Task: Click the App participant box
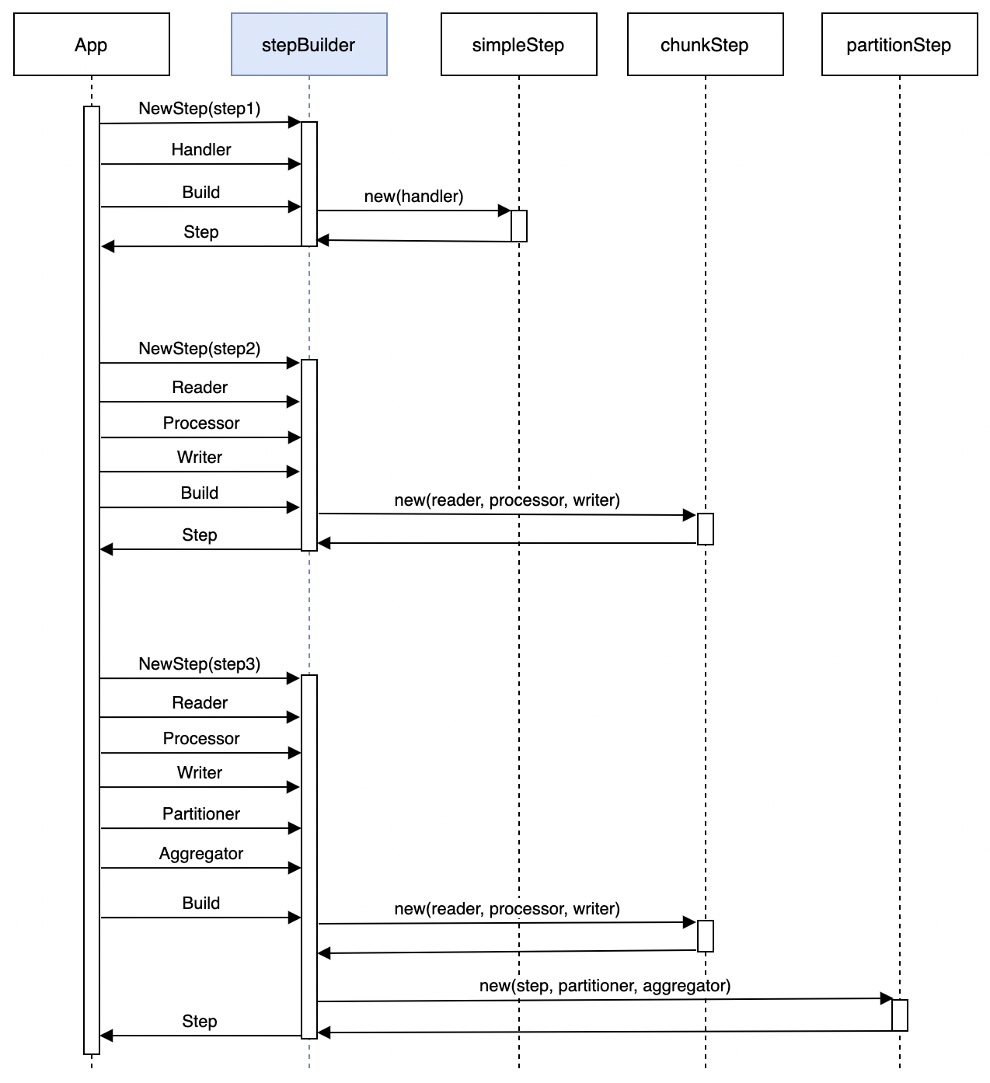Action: [x=92, y=44]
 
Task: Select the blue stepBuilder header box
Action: [x=309, y=44]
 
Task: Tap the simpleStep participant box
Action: [x=518, y=44]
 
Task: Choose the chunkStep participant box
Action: [x=705, y=44]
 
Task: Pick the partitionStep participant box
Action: [x=899, y=44]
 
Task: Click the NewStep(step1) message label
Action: [x=200, y=109]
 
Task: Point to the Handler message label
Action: [x=201, y=150]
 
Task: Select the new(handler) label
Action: [x=413, y=197]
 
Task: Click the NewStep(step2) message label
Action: [x=200, y=349]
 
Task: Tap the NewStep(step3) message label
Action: [x=200, y=664]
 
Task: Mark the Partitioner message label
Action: [x=201, y=814]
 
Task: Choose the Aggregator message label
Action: [x=201, y=854]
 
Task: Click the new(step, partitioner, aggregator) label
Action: [x=605, y=986]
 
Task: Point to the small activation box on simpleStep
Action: [x=519, y=226]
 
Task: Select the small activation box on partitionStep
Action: [x=900, y=1015]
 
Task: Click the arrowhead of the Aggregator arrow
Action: [x=295, y=868]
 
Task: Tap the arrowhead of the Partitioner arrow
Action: [x=295, y=828]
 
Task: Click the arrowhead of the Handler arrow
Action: [x=295, y=164]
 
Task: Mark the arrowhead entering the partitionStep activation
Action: [x=886, y=998]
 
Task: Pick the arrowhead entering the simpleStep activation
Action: [x=504, y=211]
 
